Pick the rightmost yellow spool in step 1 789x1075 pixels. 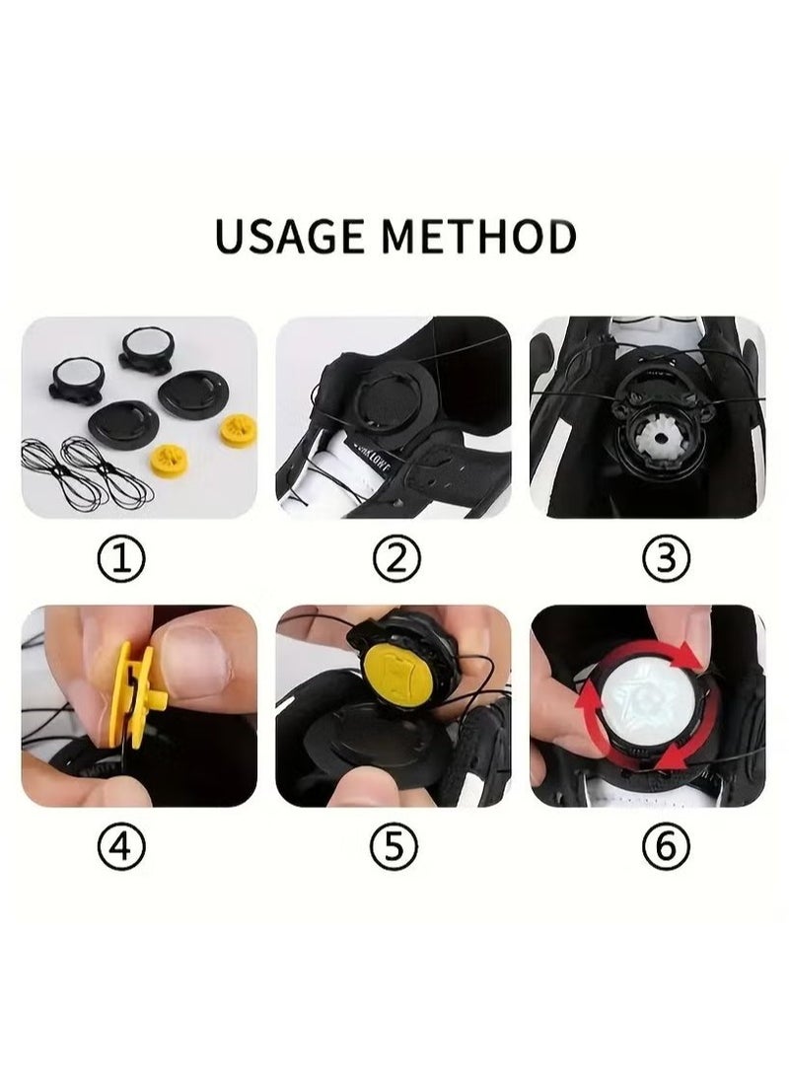click(237, 430)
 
